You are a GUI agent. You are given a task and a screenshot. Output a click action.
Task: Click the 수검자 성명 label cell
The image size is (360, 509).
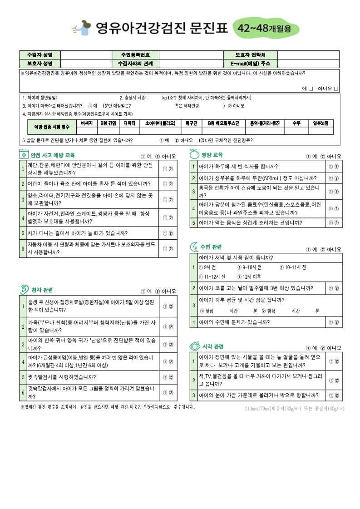pyautogui.click(x=40, y=54)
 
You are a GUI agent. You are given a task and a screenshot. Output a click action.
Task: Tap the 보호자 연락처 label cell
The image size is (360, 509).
pyautogui.click(x=250, y=54)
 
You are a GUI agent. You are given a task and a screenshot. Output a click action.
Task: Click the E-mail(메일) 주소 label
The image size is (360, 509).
pyautogui.click(x=250, y=63)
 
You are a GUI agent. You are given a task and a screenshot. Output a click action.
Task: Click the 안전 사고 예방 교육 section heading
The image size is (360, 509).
pyautogui.click(x=53, y=155)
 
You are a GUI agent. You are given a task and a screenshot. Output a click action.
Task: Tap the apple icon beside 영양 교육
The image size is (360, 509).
pyautogui.click(x=194, y=154)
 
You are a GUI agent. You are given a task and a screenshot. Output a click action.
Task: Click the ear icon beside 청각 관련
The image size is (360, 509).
pyautogui.click(x=24, y=289)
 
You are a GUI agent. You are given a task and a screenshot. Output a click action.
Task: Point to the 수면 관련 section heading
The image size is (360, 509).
pyautogui.click(x=211, y=247)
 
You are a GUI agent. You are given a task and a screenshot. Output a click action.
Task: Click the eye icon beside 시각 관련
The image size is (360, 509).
pyautogui.click(x=194, y=346)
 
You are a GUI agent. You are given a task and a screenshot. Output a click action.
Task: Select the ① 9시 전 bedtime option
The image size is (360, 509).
pyautogui.click(x=207, y=267)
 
